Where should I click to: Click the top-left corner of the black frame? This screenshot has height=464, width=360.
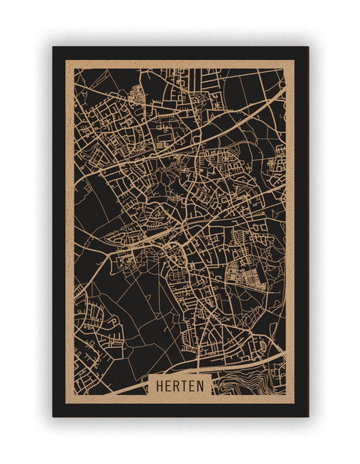[53, 47]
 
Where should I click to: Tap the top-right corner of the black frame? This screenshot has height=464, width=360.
[307, 47]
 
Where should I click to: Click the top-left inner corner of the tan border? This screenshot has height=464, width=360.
[74, 68]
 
